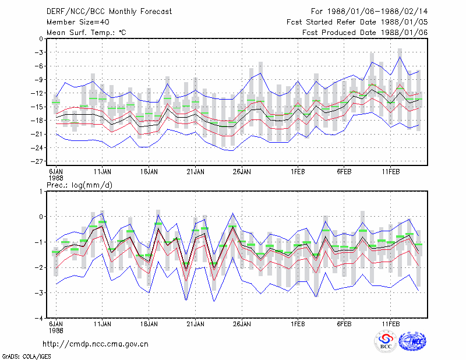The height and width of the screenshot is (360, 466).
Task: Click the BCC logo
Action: [x=386, y=341]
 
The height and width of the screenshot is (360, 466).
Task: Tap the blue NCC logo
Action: [x=412, y=341]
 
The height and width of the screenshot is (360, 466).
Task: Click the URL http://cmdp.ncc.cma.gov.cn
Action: [x=96, y=344]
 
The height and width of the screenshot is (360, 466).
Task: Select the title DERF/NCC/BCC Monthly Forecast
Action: [x=109, y=12]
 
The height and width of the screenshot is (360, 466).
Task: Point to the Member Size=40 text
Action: [x=78, y=22]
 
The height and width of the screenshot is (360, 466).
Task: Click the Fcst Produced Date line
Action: [x=365, y=33]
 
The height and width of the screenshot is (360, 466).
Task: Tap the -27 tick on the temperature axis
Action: [x=37, y=161]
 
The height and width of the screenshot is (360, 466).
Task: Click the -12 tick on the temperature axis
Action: [x=37, y=93]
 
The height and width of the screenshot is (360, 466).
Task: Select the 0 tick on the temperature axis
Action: [x=41, y=38]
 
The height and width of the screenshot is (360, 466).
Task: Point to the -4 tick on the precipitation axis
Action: [x=39, y=319]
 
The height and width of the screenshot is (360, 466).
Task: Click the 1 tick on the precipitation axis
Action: [x=41, y=191]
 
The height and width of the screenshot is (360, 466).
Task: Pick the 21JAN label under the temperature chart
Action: [x=195, y=172]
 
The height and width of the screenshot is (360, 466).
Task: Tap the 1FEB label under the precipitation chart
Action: [x=298, y=324]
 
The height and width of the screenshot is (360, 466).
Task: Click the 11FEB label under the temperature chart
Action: [x=391, y=172]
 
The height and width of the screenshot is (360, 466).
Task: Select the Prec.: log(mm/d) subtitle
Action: [x=79, y=185]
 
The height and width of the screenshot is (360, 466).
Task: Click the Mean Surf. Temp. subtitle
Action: [x=86, y=33]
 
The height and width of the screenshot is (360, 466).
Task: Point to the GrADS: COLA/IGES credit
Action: [x=26, y=357]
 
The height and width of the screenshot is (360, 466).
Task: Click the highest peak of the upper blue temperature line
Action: [x=400, y=57]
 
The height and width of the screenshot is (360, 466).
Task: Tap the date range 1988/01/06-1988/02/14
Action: [x=377, y=12]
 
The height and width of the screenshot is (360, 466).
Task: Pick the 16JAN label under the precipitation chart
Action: [x=149, y=324]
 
